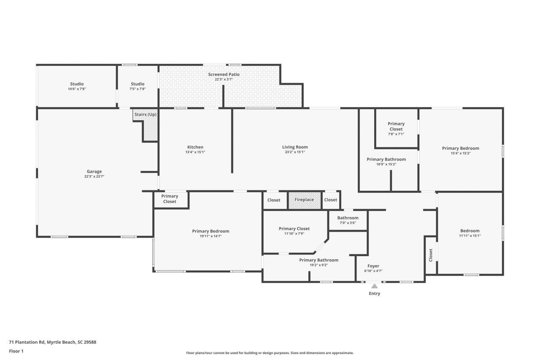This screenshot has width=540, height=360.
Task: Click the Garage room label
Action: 94,171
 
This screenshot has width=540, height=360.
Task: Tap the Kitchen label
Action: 195,147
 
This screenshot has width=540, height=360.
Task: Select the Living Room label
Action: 295,147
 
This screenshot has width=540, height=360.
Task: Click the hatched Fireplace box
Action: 304,200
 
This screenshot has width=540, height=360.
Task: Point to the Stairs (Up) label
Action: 145,114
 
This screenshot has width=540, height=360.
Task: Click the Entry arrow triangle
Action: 374,286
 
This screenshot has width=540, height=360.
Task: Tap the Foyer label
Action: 373,266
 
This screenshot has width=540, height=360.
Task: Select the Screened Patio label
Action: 224,74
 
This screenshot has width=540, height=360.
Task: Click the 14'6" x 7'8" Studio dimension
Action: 77,89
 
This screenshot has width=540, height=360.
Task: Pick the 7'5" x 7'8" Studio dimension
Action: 138,89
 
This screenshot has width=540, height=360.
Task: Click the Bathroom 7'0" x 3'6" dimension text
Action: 348,223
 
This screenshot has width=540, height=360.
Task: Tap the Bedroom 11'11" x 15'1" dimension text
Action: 470,235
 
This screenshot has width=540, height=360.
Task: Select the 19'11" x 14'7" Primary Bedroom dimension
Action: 211,236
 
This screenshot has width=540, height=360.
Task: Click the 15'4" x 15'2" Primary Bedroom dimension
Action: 460,153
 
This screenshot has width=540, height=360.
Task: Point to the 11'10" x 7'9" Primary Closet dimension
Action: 294,233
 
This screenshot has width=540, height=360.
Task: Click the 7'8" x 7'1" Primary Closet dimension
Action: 396,134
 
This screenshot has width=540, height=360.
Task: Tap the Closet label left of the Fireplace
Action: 274,200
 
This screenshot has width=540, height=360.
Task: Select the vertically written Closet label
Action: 431,255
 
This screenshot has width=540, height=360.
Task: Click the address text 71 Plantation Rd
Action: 53,342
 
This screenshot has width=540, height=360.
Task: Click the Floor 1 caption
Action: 16,351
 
